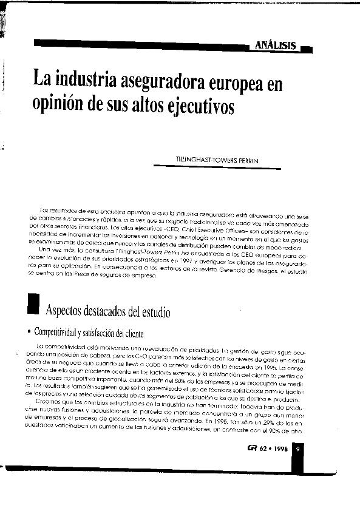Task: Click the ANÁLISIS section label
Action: pos(276,46)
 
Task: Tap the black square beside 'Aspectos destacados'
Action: pos(33,303)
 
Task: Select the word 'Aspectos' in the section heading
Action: pos(65,312)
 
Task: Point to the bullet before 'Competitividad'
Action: pos(29,333)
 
